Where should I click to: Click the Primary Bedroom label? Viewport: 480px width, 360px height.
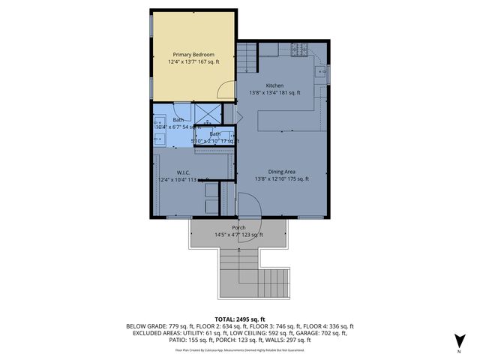coord(193,55)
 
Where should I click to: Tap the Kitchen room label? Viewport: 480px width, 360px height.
coord(274,85)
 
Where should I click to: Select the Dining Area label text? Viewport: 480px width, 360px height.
coord(281,172)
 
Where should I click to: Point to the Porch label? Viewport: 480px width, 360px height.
coord(238,228)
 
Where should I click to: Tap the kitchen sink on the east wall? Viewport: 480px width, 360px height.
coord(320,73)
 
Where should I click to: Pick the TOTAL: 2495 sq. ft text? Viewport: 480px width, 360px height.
coord(239,319)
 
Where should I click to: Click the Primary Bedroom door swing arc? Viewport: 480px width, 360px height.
coord(225,91)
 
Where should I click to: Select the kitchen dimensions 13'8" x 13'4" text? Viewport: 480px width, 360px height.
coord(274,93)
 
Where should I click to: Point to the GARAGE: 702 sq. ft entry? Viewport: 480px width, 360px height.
coord(324,333)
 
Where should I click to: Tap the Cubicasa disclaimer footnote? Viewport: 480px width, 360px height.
coord(239,349)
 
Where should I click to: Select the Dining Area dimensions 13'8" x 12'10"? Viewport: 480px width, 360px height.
coord(281,179)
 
